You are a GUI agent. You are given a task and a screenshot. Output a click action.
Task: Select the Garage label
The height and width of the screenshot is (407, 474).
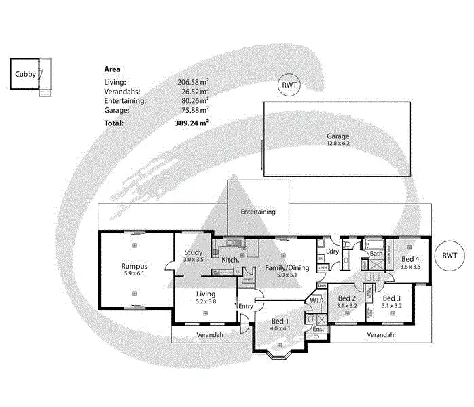pyautogui.click(x=338, y=136)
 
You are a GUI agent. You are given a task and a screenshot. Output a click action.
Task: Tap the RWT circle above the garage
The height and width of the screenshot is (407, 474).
pyautogui.click(x=289, y=85)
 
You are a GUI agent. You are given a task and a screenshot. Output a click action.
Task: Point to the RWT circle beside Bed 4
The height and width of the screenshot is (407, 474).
pyautogui.click(x=450, y=256)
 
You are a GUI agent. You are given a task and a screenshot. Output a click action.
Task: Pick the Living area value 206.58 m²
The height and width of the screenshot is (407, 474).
pyautogui.click(x=192, y=81)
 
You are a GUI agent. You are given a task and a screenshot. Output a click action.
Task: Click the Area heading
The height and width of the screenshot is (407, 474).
pyautogui.click(x=112, y=69)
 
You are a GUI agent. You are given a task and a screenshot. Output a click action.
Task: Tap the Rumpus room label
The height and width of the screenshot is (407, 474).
pyautogui.click(x=134, y=266)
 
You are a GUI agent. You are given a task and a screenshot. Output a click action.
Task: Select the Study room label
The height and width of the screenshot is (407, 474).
pyautogui.click(x=194, y=252)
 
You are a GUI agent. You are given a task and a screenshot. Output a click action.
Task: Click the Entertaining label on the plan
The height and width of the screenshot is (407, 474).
pyautogui.click(x=258, y=212)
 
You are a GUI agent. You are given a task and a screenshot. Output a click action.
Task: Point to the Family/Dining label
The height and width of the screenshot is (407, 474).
pyautogui.click(x=287, y=267)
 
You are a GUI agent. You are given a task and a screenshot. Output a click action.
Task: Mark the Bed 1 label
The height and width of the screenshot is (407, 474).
pyautogui.click(x=280, y=321)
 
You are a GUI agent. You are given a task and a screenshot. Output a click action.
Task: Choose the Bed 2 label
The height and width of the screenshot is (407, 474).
pyautogui.click(x=347, y=298)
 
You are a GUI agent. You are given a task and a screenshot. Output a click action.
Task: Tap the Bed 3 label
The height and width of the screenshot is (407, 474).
pyautogui.click(x=392, y=298)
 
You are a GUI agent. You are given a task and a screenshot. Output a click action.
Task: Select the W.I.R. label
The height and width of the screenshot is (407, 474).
pyautogui.click(x=317, y=301)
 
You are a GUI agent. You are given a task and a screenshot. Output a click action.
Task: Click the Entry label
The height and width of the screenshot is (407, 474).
pyautogui.click(x=244, y=306)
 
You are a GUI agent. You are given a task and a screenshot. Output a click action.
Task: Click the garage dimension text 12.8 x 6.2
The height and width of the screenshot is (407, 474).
pyautogui.click(x=338, y=144)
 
